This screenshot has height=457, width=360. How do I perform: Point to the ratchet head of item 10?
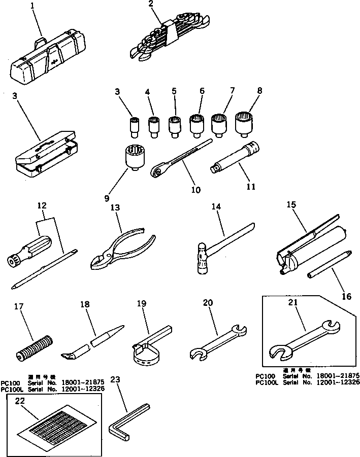(157, 171)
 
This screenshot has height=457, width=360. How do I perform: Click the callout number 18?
(84, 306)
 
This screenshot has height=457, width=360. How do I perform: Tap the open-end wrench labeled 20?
(218, 341)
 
